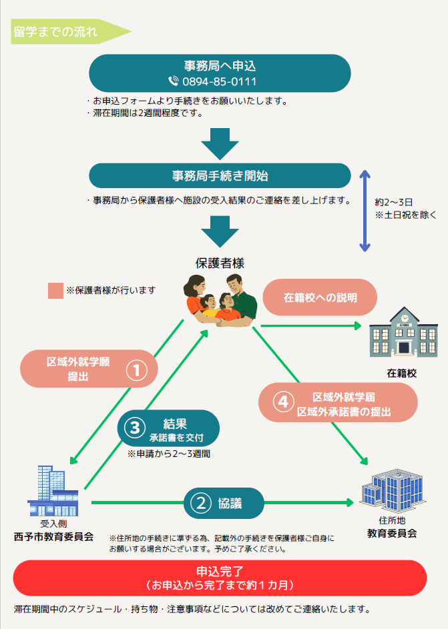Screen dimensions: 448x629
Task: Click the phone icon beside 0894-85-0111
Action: click(x=174, y=81)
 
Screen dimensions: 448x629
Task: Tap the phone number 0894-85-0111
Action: click(x=219, y=82)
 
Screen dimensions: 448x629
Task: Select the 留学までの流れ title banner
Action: click(x=71, y=31)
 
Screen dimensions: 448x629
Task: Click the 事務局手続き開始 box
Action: click(x=220, y=175)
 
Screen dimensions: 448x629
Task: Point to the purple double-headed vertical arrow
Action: click(x=365, y=211)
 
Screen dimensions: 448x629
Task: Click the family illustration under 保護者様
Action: click(x=220, y=300)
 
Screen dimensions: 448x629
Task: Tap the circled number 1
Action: click(x=136, y=370)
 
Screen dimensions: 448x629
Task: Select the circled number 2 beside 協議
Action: click(x=201, y=503)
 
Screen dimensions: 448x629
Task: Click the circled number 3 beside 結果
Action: click(x=135, y=428)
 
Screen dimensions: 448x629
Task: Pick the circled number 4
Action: click(x=283, y=402)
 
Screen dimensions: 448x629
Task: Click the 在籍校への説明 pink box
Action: click(x=320, y=297)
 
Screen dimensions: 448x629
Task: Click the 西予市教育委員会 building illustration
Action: click(x=53, y=491)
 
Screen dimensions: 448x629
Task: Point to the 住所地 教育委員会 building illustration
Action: click(x=393, y=491)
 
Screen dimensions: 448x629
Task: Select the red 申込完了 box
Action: click(x=220, y=578)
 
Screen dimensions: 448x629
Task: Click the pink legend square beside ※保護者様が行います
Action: click(x=56, y=291)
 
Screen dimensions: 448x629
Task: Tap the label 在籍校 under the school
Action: click(x=402, y=374)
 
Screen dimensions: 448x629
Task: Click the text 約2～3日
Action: click(x=394, y=202)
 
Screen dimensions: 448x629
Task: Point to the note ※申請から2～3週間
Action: click(x=169, y=454)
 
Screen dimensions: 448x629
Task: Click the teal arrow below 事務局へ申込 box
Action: click(x=220, y=144)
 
